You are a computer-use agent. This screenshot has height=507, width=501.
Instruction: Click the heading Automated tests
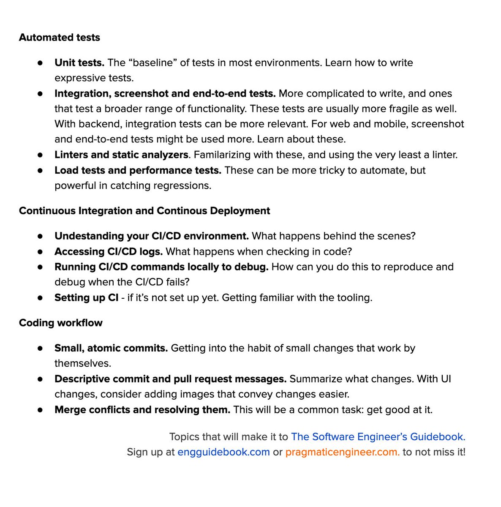point(60,38)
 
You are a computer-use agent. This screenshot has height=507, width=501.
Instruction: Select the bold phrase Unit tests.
point(79,63)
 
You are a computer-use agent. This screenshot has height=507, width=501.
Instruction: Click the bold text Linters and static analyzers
point(121,155)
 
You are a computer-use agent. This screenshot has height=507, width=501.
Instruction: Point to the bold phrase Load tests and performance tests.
point(138,170)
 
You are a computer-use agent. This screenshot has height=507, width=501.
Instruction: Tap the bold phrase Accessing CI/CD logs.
point(109,252)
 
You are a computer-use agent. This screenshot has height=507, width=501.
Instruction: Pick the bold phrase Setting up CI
point(86,298)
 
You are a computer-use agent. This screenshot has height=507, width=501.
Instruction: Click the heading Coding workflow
point(61,323)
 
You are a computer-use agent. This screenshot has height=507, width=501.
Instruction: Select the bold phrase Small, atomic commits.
point(111,349)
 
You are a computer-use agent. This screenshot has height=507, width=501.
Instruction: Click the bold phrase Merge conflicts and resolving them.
point(142,410)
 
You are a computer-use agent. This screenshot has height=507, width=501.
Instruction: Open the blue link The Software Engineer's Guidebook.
point(378,437)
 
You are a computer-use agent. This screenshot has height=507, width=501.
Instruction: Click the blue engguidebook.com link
point(223,452)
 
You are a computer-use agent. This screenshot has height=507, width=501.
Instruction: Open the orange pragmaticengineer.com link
point(342,452)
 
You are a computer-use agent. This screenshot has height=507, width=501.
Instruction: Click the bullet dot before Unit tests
point(40,63)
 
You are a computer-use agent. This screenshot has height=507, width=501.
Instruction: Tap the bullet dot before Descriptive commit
point(40,379)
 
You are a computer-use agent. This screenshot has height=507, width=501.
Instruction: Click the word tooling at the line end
point(354,298)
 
